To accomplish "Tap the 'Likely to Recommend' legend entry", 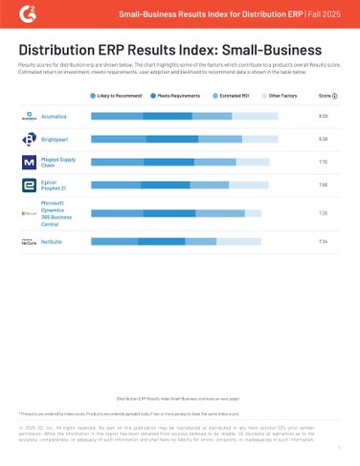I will tap(118, 97).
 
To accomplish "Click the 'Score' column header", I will tap(327, 97).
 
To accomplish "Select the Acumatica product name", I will tap(56, 116).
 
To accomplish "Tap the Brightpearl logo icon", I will tap(29, 139).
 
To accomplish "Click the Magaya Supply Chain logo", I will tap(29, 163).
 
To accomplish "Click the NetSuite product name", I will tap(54, 242).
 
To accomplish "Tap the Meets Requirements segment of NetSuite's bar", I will tap(162, 242).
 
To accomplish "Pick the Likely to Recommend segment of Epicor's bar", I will tap(116, 185).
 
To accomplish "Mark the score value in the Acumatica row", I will tap(324, 116).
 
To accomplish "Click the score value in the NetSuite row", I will tap(324, 242).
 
